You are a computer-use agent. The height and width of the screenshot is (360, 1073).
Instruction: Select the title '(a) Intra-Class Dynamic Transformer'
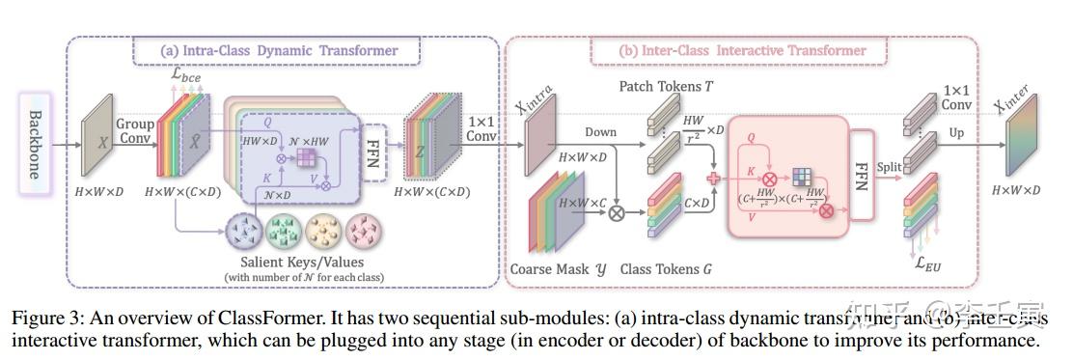pyautogui.click(x=279, y=50)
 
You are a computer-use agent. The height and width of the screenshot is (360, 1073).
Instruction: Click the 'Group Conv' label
pyautogui.click(x=135, y=130)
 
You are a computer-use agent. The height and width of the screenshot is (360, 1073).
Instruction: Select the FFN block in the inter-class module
pyautogui.click(x=862, y=178)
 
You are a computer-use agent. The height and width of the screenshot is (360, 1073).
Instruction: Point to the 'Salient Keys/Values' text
pyautogui.click(x=301, y=263)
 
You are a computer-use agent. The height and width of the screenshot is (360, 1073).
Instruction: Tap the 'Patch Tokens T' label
pyautogui.click(x=666, y=87)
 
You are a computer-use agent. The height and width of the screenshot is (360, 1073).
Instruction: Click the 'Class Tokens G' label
pyautogui.click(x=666, y=269)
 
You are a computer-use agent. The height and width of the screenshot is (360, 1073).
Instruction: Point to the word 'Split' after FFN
pyautogui.click(x=890, y=168)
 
